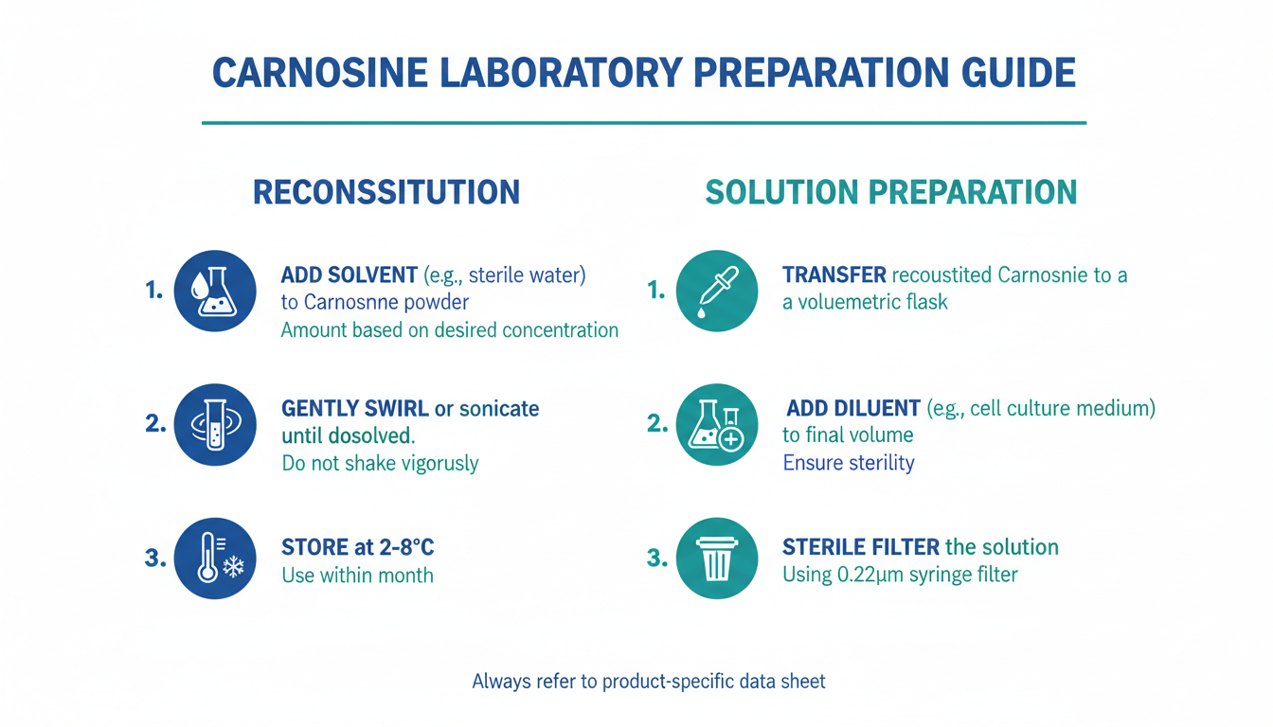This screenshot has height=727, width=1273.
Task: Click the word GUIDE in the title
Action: tap(1018, 73)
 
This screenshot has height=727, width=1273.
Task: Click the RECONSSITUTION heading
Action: tap(386, 192)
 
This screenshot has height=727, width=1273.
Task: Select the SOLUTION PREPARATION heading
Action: tap(891, 192)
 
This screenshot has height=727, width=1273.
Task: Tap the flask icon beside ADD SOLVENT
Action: tap(215, 291)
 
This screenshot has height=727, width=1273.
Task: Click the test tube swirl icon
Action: tap(215, 425)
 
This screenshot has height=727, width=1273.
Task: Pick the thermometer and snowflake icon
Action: tap(215, 559)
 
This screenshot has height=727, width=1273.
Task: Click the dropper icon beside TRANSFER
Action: tap(717, 291)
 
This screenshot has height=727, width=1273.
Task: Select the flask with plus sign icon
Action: tap(717, 425)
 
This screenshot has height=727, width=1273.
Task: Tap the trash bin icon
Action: tap(717, 559)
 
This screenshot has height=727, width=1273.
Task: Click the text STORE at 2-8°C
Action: tap(358, 547)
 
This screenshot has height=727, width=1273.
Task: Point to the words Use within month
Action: tap(357, 576)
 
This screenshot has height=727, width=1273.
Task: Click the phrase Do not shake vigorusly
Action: tap(380, 464)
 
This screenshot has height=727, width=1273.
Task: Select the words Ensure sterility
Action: tap(849, 463)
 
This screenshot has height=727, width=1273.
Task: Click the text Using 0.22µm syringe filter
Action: tap(900, 575)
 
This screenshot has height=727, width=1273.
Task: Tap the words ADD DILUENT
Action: tap(853, 408)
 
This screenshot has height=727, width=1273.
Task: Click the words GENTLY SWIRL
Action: tap(355, 408)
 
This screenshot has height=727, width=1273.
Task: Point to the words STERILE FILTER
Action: tap(861, 547)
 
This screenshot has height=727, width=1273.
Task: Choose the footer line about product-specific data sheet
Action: tap(649, 681)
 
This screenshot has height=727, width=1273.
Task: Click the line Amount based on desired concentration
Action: tap(450, 330)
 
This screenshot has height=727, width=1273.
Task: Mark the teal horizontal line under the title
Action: tap(644, 123)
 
